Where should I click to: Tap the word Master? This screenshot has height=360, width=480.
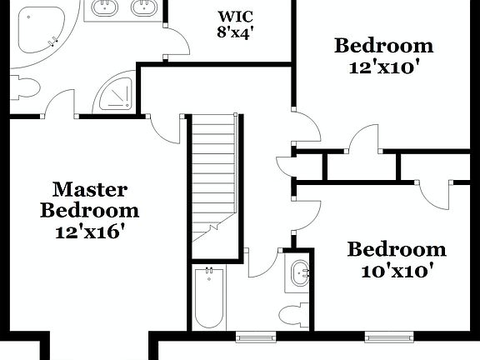point(90,189)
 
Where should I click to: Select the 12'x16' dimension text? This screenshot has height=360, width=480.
point(90,232)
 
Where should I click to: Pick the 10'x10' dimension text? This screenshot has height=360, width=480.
point(396,270)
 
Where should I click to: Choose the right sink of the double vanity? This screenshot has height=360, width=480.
point(143,8)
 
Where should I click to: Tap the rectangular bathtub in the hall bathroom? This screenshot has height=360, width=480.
point(208,297)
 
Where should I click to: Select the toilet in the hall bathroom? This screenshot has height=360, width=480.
point(292,314)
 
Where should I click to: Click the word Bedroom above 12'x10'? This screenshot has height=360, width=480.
point(383,46)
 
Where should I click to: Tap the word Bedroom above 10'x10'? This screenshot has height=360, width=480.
point(396,249)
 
